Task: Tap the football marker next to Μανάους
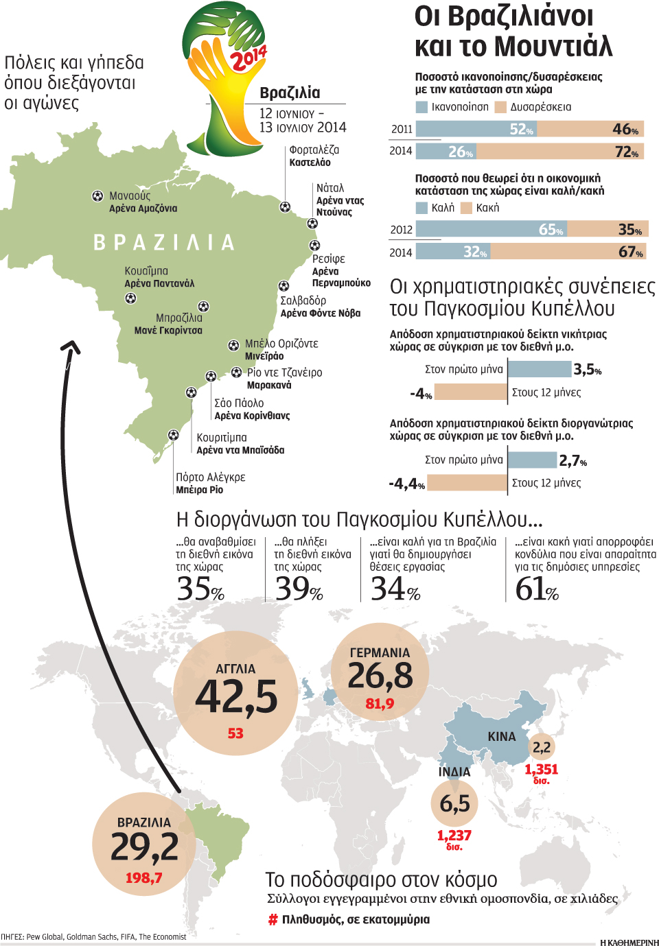tap(97, 196)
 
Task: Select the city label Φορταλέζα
tap(314, 150)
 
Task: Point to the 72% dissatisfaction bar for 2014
tap(559, 151)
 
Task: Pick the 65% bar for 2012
tap(491, 229)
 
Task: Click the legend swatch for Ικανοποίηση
tap(421, 107)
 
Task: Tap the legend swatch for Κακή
tap(466, 208)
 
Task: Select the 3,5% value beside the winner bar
tap(588, 370)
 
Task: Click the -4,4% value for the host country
tap(407, 484)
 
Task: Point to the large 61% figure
tap(537, 589)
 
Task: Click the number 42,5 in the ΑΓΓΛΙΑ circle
tap(236, 697)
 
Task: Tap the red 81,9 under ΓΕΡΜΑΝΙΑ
tap(380, 704)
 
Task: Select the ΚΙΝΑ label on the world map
tap(501, 736)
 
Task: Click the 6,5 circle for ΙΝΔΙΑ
tap(454, 803)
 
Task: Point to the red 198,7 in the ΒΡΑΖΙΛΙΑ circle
tap(143, 878)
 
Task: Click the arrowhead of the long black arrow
tap(70, 346)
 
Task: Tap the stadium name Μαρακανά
tap(269, 386)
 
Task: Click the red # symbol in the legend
tap(273, 920)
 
